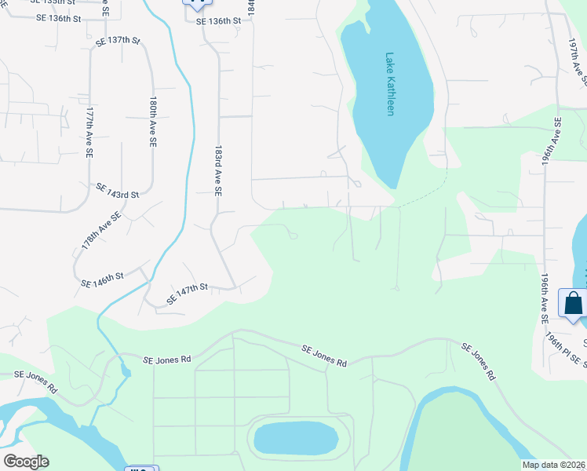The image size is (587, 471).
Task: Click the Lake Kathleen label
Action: coord(390,84)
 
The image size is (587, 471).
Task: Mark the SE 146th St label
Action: coord(104,276)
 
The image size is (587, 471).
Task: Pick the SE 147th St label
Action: coord(186,294)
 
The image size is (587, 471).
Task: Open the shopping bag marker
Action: coord(573,303)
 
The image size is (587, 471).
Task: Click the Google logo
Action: coord(25,462)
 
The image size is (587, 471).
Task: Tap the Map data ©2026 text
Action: coord(553,465)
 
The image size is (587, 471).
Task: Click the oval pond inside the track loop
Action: coord(297,439)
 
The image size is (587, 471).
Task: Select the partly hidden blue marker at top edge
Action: coord(193,3)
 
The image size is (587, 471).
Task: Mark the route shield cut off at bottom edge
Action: coord(141,468)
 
